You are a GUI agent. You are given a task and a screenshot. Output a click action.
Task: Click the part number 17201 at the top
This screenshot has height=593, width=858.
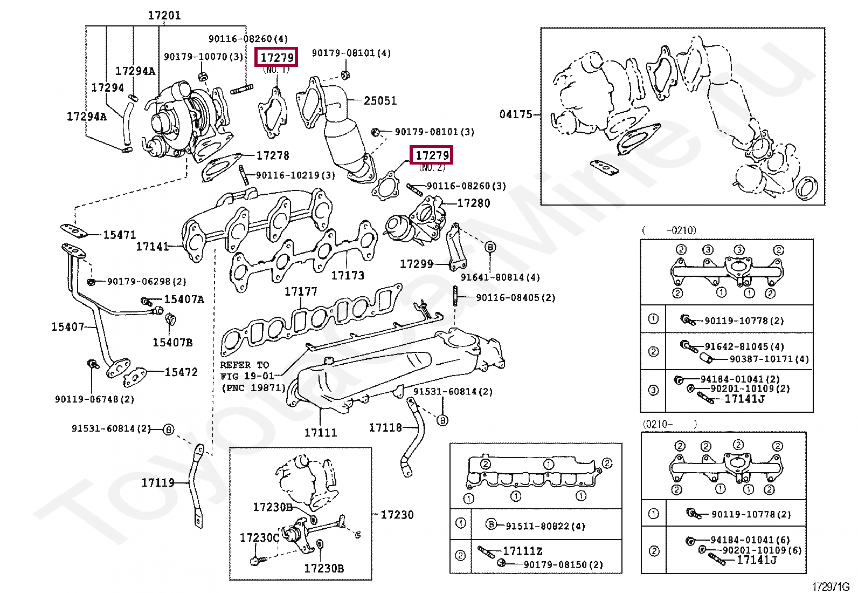164,15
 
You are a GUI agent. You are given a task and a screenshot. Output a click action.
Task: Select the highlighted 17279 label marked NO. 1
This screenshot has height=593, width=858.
276,57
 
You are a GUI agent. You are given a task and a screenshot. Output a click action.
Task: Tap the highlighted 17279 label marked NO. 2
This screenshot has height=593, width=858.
432,155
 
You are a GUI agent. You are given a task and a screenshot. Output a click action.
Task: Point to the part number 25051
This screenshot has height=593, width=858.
380,100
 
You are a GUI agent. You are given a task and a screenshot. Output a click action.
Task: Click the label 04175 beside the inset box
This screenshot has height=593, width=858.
516,114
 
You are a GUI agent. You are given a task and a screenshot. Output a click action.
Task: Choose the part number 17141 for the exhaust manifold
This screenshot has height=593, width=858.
153,246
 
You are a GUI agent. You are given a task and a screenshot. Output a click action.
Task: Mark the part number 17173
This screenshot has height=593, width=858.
348,275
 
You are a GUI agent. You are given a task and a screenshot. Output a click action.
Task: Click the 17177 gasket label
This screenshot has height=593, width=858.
301,291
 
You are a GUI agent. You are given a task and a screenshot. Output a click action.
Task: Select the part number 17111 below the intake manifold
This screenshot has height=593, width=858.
321,433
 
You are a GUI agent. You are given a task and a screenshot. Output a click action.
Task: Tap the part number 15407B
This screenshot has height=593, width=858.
172,343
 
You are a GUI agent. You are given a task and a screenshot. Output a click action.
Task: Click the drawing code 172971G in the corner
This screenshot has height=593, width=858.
831,587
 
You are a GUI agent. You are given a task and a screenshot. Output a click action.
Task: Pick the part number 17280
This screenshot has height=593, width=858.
473,203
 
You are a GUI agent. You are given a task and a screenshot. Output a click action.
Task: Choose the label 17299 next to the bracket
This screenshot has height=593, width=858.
417,264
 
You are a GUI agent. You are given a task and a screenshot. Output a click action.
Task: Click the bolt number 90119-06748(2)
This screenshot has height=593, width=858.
95,399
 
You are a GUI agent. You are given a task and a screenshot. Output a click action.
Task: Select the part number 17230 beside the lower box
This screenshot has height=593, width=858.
397,514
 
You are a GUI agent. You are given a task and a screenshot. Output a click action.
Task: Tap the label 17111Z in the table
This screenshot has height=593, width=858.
522,551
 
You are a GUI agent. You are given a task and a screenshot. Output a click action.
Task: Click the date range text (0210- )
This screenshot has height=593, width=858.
669,424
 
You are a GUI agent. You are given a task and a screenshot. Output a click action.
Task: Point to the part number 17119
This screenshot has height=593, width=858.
158,482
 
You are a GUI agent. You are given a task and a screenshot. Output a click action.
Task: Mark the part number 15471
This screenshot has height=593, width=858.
120,235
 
